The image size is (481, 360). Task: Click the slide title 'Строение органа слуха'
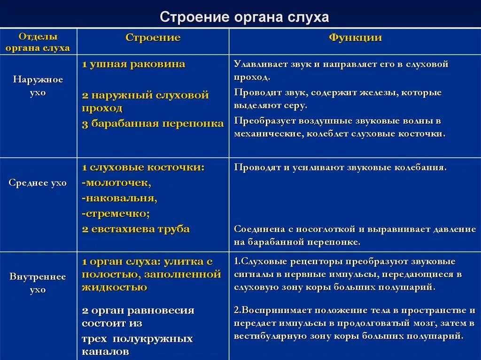244,17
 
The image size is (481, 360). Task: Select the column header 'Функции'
355,38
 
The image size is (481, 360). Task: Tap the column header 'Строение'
153,38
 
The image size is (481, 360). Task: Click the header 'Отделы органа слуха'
38,42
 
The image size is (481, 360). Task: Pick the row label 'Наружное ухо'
38,86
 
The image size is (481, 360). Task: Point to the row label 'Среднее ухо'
38,183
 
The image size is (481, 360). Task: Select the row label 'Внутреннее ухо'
38,283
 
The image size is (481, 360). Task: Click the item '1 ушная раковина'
133,64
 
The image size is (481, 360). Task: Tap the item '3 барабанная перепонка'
153,124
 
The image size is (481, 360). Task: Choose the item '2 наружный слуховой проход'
145,101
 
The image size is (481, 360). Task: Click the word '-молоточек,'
116,182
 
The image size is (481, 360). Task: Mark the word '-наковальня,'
119,198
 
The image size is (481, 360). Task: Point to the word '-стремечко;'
116,214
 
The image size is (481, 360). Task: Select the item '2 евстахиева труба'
136,229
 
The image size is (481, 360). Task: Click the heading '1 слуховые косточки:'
143,167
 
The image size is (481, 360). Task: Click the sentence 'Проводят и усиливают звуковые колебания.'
341,168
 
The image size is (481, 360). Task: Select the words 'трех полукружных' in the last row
137,339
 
